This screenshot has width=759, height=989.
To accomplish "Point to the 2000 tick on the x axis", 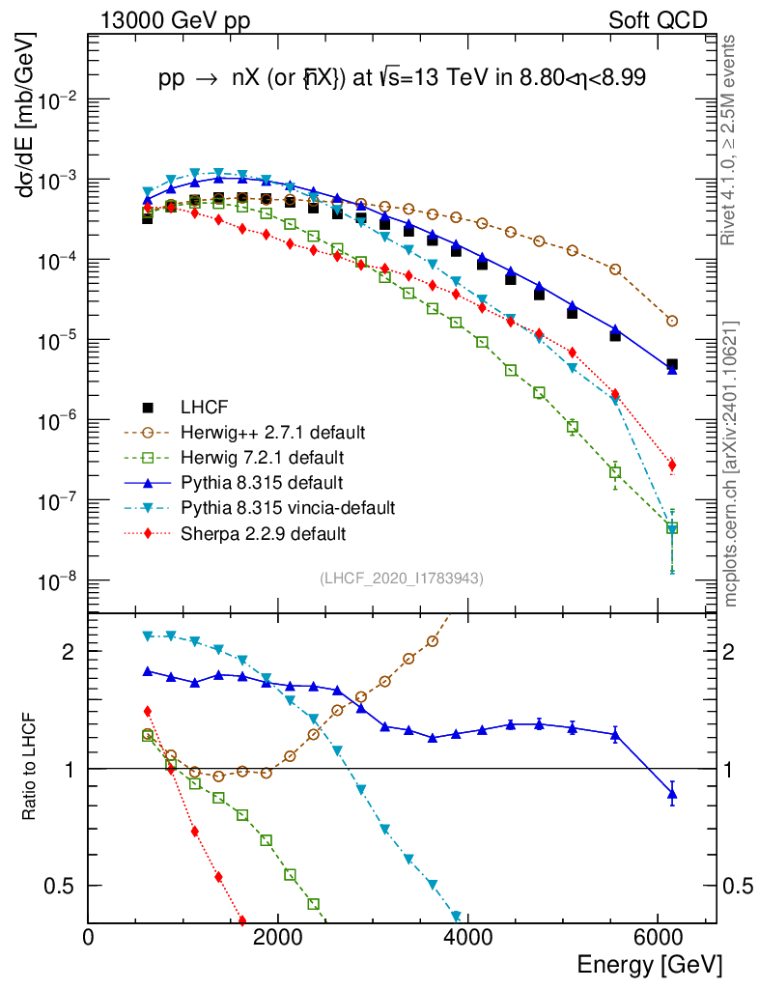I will (278, 936).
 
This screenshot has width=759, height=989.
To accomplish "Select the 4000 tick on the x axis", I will (467, 936).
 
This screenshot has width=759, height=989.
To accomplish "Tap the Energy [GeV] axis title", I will (648, 964).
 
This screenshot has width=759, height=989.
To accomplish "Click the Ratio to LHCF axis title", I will (30, 767).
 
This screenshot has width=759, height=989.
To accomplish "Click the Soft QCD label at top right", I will (658, 20).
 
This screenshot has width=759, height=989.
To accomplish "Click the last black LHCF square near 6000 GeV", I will (672, 365).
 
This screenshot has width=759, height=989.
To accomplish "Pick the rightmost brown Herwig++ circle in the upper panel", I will (672, 321).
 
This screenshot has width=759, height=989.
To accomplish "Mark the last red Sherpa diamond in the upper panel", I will (672, 466).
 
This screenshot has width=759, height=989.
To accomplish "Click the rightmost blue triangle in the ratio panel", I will (672, 795).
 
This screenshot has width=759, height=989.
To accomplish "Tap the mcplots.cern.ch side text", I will (732, 464).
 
